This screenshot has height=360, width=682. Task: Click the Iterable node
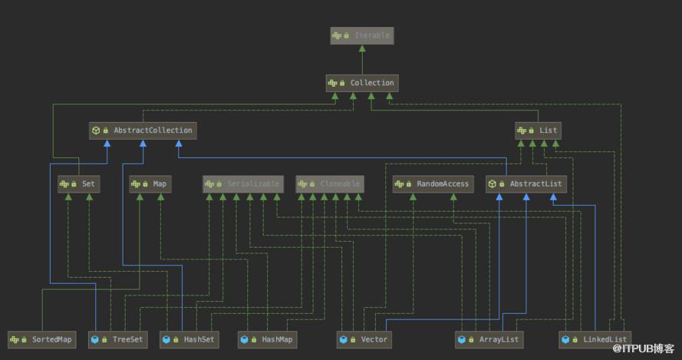coord(362,36)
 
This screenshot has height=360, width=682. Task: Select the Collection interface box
coord(362,83)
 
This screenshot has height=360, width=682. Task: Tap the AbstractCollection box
coord(143,130)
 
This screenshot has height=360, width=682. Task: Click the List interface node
coord(538,130)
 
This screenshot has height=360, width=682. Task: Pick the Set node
coord(79,184)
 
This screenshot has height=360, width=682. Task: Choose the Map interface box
coord(150,184)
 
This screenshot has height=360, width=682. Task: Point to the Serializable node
coord(243,184)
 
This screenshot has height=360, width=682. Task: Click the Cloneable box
coord(330,184)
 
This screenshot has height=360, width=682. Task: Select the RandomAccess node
coord(433,184)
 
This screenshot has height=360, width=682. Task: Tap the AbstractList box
coord(526,184)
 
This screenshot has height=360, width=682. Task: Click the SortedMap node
coord(41,339)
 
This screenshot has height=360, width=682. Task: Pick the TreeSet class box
coord(118,339)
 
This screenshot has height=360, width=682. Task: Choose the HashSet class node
coord(189,339)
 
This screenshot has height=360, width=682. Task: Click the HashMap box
coord(268,339)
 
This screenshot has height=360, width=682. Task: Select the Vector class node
coord(364,339)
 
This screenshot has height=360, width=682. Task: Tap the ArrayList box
coord(489,339)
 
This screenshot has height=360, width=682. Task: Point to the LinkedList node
coord(595,339)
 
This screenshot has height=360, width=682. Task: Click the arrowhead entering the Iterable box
coord(362,48)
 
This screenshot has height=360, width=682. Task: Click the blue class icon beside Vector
coord(343,339)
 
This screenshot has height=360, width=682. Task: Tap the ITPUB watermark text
coord(644,348)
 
